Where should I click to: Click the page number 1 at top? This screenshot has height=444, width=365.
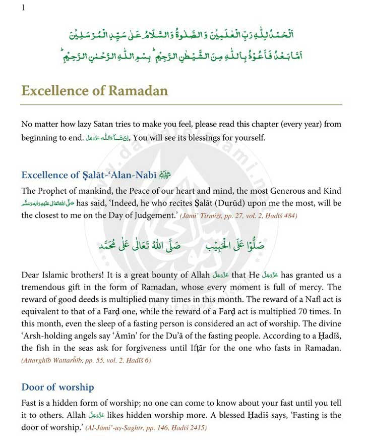pyautogui.click(x=23, y=7)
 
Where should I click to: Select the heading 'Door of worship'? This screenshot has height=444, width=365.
pyautogui.click(x=57, y=387)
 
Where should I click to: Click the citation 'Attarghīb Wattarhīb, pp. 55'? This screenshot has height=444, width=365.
pyautogui.click(x=66, y=360)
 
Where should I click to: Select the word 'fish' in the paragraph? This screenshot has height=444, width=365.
pyautogui.click(x=48, y=348)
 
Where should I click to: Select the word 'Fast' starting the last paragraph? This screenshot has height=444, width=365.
pyautogui.click(x=29, y=403)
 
